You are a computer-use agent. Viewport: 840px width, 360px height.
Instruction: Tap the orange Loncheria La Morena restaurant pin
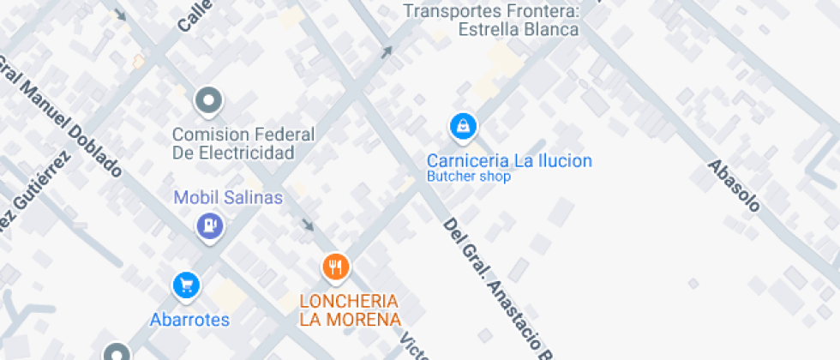pyautogui.click(x=335, y=267)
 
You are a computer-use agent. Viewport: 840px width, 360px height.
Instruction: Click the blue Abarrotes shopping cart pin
pyautogui.click(x=186, y=285)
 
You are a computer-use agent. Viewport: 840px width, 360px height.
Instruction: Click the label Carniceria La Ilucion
pyautogui.click(x=509, y=160)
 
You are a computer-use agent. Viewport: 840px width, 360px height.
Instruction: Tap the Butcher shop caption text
pyautogui.click(x=469, y=177)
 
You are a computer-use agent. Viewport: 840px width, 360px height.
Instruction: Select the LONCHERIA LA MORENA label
pyautogui.click(x=350, y=310)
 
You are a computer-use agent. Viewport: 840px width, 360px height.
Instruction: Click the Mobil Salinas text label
pyautogui.click(x=228, y=198)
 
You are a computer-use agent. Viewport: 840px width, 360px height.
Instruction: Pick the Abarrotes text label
pyautogui.click(x=189, y=320)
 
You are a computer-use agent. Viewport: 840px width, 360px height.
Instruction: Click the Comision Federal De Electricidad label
pyautogui.click(x=243, y=144)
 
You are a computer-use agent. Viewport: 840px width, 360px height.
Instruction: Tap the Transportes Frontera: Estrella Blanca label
pyautogui.click(x=492, y=20)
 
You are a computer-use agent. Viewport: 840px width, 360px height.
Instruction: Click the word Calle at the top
pyautogui.click(x=195, y=15)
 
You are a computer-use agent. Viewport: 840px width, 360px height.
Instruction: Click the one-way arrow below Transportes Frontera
pyautogui.click(x=387, y=52)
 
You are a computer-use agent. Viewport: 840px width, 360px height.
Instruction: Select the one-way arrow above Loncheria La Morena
pyautogui.click(x=307, y=225)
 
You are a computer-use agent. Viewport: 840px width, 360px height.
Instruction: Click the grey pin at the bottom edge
pyautogui.click(x=117, y=352)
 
